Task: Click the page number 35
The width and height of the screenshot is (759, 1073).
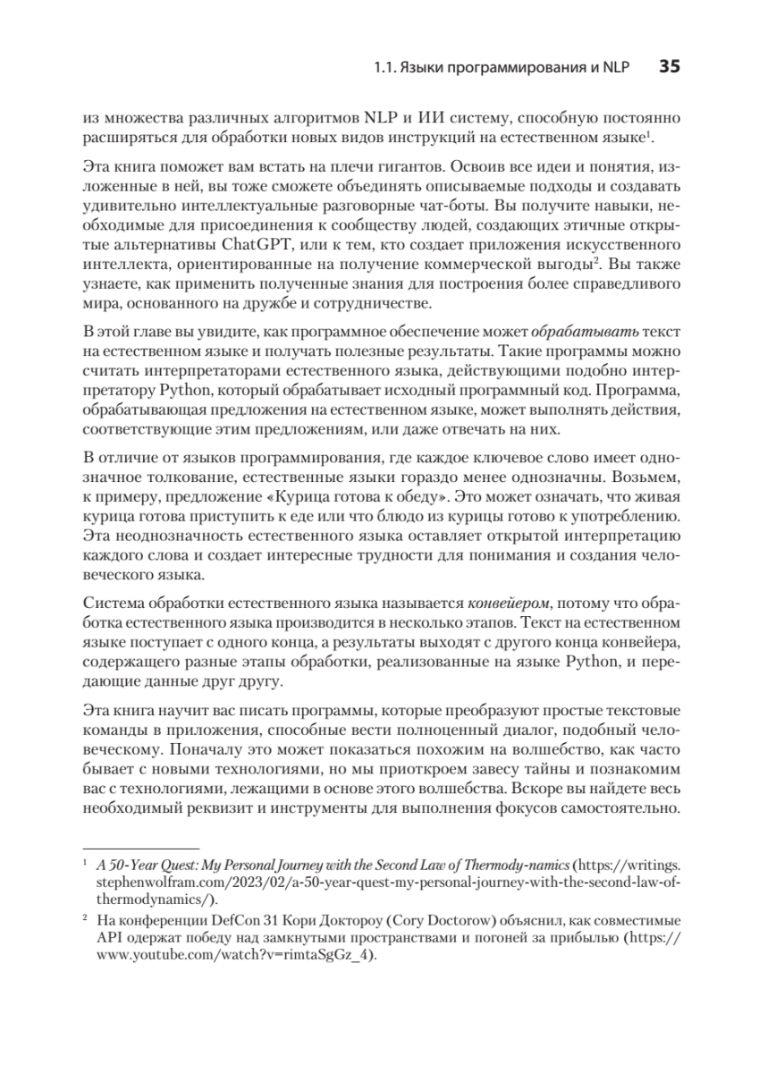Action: point(670,66)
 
